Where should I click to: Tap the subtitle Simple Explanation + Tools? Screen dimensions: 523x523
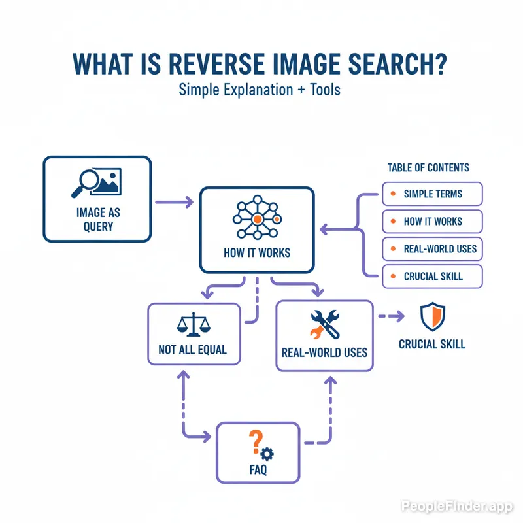coord(260,90)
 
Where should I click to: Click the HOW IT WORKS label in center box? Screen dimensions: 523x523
coord(257,253)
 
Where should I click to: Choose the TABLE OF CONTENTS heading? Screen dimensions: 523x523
coord(428,168)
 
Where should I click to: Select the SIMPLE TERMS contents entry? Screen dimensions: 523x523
coord(432,194)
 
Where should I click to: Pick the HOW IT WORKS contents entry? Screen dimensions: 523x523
coord(432,222)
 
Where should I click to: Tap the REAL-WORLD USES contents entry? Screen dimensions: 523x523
coord(432,248)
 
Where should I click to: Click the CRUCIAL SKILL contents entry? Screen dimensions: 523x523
coord(432,277)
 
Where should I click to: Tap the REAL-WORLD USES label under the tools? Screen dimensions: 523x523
coord(324,352)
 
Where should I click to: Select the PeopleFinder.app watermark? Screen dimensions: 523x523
coord(457,506)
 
